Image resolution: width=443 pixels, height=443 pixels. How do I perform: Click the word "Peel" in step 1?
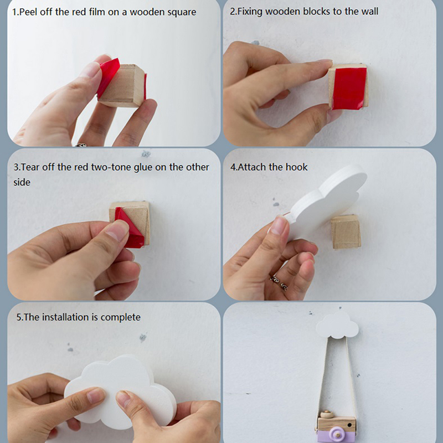(x=29, y=12)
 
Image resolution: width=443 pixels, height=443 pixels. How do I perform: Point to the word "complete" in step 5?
(x=120, y=317)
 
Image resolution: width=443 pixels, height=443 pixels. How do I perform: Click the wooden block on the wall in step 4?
(x=346, y=231)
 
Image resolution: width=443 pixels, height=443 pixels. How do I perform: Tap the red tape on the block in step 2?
(x=349, y=88)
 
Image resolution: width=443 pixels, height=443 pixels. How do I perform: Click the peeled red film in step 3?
(x=130, y=228)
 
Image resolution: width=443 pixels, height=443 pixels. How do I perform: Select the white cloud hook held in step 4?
(x=325, y=199)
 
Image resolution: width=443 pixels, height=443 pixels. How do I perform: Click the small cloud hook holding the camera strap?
(x=337, y=326)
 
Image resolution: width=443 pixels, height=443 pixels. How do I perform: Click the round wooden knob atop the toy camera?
(x=327, y=414)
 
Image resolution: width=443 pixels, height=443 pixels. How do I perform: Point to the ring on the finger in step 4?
(x=279, y=282)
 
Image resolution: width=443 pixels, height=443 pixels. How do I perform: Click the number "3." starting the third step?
(x=17, y=167)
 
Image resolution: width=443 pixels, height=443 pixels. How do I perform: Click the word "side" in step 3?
(x=22, y=182)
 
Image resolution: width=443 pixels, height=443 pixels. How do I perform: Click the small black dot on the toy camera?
(x=350, y=425)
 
